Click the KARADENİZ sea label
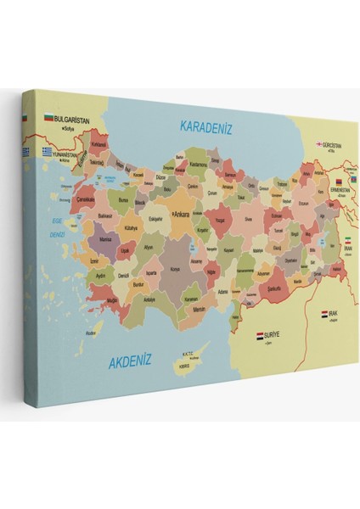click(x=205, y=127)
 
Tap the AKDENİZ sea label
click(x=130, y=361)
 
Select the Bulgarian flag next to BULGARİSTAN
click(x=48, y=119)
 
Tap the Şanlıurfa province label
click(x=272, y=287)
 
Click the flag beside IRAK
click(x=325, y=314)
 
